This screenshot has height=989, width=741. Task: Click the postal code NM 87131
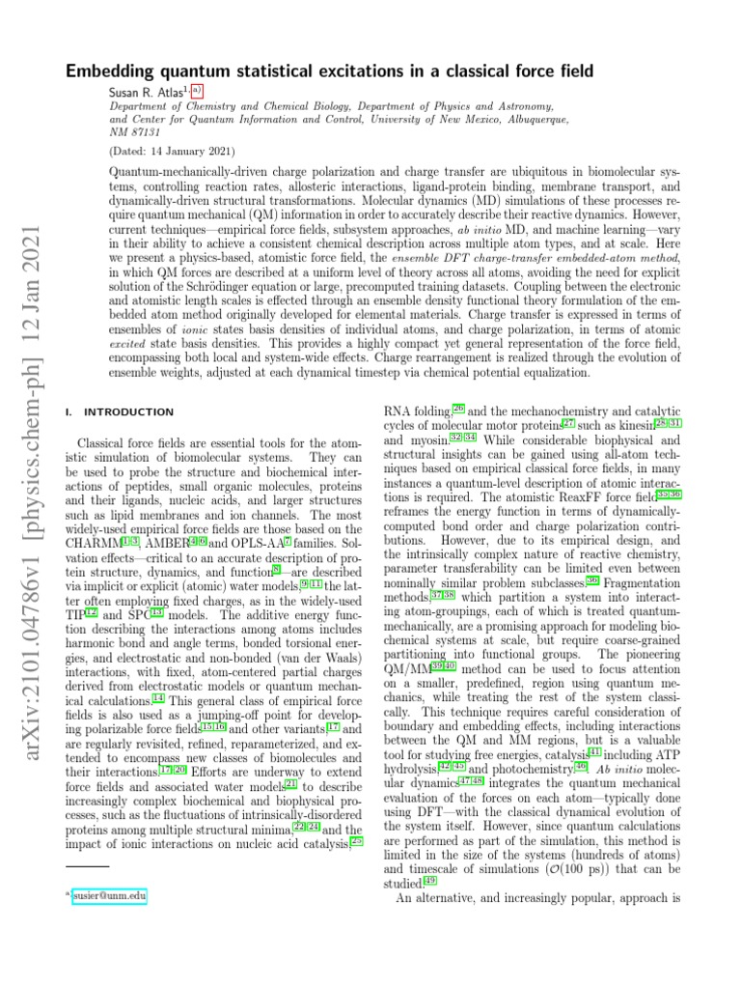click(131, 130)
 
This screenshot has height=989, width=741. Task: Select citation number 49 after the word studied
click(430, 881)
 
